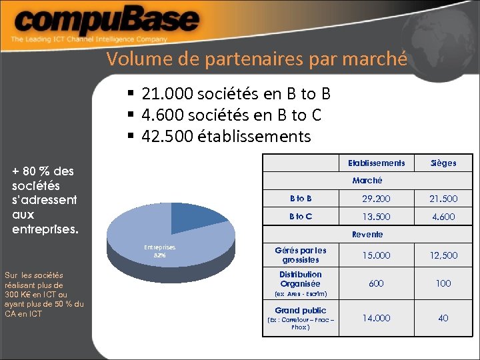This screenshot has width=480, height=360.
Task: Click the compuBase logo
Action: coord(107,25)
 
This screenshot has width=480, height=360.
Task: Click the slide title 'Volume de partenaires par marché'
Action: coord(256,59)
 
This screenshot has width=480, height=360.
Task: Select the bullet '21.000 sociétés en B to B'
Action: coord(235,94)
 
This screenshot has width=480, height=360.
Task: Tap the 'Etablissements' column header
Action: coord(376,163)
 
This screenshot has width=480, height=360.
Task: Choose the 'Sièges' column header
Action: coord(443,163)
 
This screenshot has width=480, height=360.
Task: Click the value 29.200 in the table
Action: coord(376,199)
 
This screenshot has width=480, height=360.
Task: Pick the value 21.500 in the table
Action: coord(443,199)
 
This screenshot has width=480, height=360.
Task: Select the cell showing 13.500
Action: coord(376,217)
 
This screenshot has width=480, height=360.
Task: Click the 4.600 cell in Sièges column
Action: coord(443,217)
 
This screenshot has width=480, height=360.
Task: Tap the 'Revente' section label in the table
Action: coord(367,234)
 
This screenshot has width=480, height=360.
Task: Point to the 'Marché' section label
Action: coord(367,181)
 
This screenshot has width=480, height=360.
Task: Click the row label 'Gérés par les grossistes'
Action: coord(301,255)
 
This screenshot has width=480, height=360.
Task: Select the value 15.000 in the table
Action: coord(376,255)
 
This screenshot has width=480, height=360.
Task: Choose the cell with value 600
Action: coord(376,283)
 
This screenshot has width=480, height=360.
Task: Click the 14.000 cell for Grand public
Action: coord(376,318)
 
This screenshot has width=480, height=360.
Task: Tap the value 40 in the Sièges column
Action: coord(443,318)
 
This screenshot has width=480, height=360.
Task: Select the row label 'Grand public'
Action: coord(301,310)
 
